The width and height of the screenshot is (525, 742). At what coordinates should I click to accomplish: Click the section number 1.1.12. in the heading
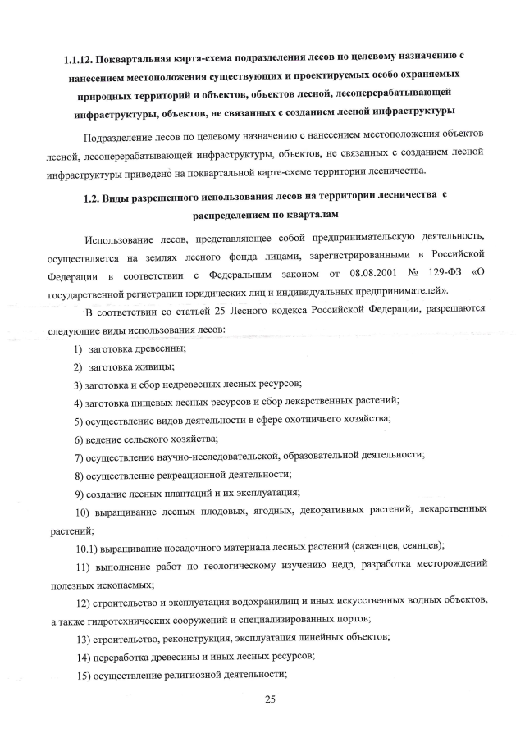83,59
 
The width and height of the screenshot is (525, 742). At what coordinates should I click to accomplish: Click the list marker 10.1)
89,545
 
